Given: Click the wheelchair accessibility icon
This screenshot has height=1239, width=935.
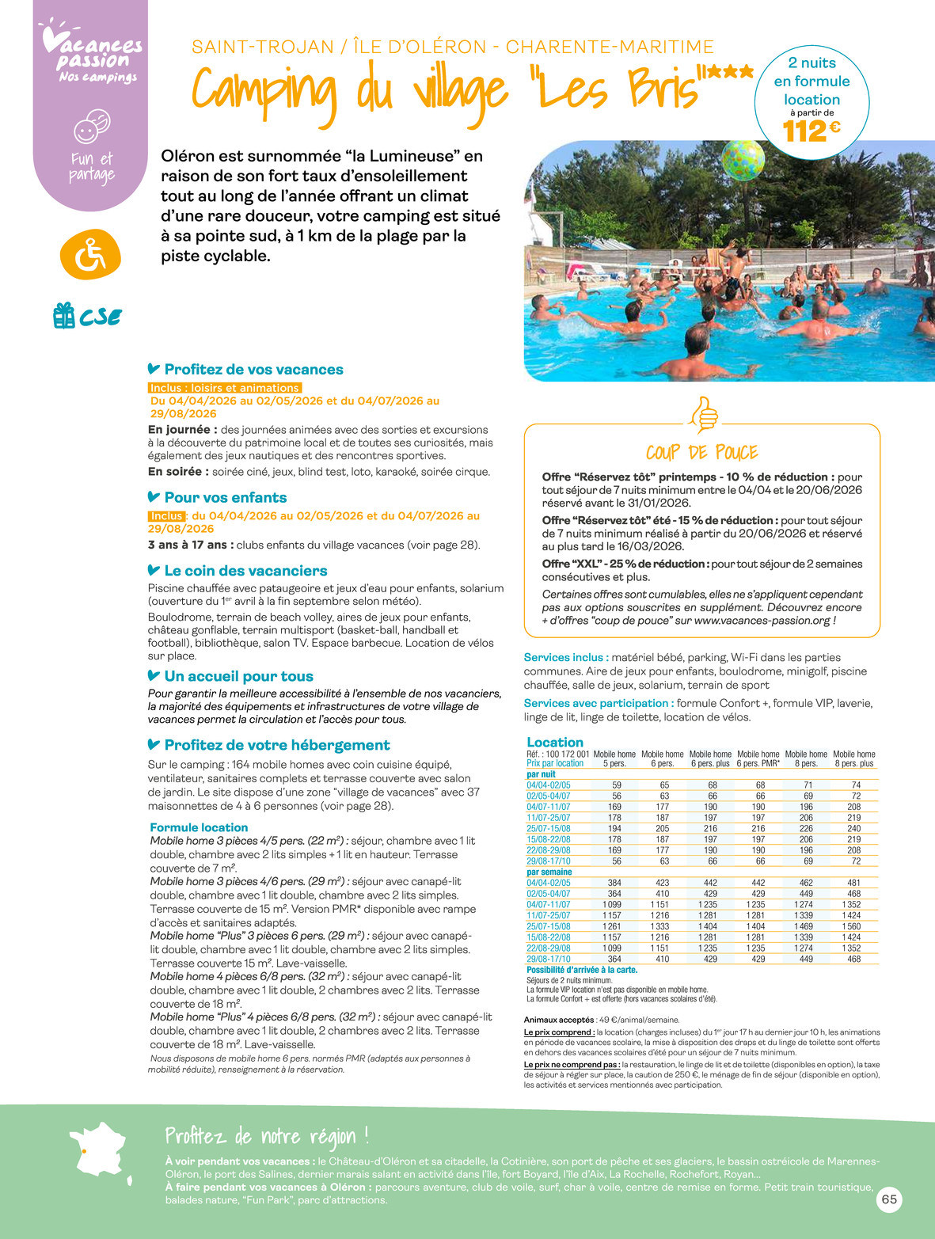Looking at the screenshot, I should click(90, 256).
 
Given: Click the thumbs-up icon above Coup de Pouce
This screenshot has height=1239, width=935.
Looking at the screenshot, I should click(703, 414).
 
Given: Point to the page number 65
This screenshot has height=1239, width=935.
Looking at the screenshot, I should click(889, 1199).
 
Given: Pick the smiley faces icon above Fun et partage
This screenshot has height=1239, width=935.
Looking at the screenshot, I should click(91, 126).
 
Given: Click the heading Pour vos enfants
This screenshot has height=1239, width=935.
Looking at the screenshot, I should click(225, 498).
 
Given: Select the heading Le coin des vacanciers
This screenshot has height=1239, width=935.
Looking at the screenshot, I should click(245, 571).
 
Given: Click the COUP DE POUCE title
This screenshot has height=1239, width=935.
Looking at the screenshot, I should click(701, 453).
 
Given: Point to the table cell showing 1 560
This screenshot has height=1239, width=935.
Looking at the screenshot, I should click(853, 926).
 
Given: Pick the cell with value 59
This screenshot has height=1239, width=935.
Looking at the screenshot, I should click(617, 785).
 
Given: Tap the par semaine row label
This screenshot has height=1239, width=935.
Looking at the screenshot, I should click(549, 872).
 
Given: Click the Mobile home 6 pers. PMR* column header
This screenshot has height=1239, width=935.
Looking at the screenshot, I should click(758, 758).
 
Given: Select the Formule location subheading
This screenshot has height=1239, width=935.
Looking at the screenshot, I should click(199, 827).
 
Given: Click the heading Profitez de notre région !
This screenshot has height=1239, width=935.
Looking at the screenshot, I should click(267, 1136).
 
